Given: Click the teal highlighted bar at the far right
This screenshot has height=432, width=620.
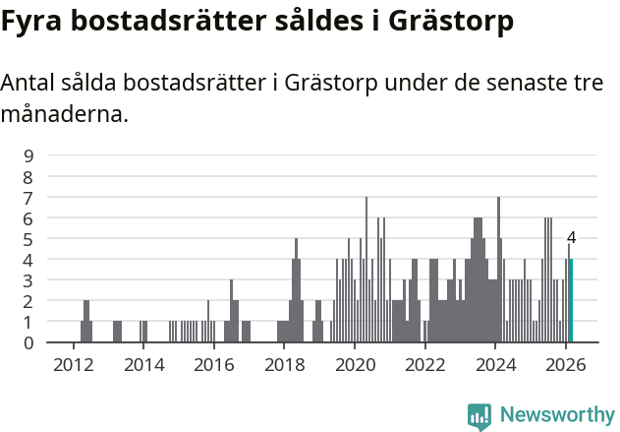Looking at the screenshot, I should [571, 301].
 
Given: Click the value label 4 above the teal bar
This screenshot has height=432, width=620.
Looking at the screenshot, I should [571, 238].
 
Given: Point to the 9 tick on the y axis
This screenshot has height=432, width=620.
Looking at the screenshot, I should [29, 155].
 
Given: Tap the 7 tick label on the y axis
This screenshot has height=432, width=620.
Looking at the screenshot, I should [29, 197].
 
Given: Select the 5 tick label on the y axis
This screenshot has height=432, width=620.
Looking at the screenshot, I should [29, 239].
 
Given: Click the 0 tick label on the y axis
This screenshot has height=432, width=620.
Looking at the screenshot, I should [29, 342].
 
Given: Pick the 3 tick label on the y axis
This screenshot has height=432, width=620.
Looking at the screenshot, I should [29, 280].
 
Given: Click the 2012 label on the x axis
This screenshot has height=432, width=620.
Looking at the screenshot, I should [73, 364].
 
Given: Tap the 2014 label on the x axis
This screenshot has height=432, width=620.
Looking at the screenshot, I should [143, 364].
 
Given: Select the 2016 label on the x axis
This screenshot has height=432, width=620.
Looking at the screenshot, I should [213, 364].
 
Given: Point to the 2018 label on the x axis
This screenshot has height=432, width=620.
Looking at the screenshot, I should [284, 364].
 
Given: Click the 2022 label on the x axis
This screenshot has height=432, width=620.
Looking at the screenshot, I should [424, 364].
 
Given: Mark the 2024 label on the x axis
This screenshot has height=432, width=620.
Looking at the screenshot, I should [495, 364].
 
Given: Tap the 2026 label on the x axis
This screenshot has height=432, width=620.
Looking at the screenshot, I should [566, 364].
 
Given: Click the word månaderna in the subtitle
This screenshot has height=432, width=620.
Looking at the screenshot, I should [65, 114].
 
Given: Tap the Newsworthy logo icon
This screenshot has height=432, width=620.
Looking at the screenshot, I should [479, 416].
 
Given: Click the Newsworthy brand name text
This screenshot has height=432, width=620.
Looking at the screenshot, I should [557, 416].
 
